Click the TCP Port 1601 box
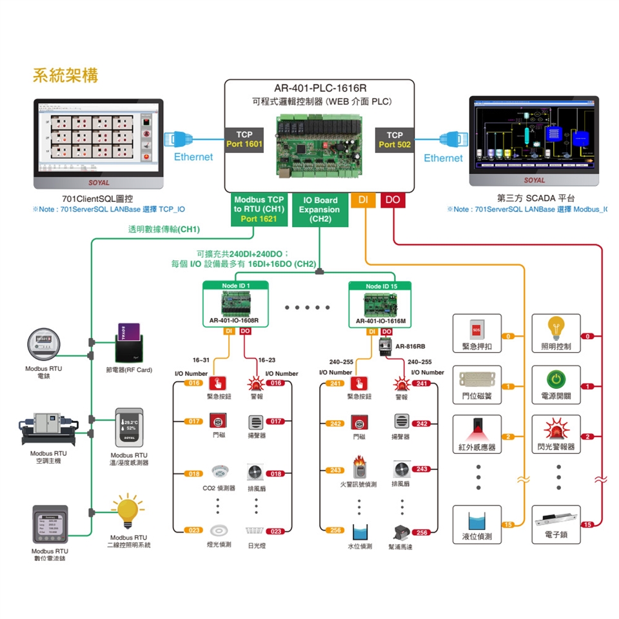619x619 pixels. coord(244,140)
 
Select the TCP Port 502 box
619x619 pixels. coord(395,140)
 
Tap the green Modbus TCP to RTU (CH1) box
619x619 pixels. coord(259,209)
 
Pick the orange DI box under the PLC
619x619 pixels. coord(364,201)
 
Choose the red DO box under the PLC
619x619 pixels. coord(393,201)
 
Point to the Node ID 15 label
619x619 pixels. coord(381,286)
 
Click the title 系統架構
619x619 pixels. coord(65,74)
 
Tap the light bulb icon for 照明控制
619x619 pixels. coord(556,328)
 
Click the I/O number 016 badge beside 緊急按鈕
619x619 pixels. coord(193,383)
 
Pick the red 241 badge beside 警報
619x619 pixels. coord(422,384)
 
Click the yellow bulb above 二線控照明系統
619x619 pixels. coord(128,509)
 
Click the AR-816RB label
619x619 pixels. coord(410,346)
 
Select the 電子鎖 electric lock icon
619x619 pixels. coord(556,519)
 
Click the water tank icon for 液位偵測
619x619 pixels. coord(477,520)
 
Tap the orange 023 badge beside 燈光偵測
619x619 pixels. coord(193,530)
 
